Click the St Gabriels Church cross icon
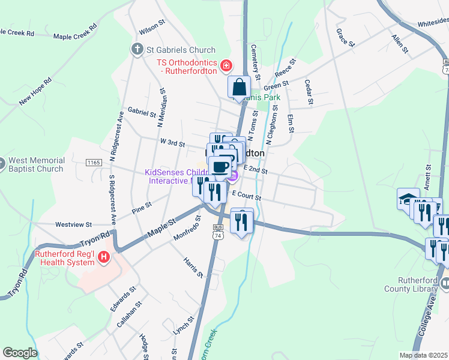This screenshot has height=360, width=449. (x=136, y=49)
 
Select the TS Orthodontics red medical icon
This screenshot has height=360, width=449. (x=227, y=65)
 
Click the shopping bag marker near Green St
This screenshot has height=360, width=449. (x=239, y=87)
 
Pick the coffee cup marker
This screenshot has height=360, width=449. (x=221, y=166)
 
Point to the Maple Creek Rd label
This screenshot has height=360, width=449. (x=75, y=32)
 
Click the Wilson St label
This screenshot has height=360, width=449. (x=152, y=28)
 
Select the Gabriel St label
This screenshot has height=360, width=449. (x=142, y=112)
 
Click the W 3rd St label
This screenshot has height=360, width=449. (x=172, y=142)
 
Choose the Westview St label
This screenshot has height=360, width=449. (x=73, y=224)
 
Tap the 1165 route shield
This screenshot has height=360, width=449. (x=93, y=163)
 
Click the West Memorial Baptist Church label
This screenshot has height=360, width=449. (x=36, y=165)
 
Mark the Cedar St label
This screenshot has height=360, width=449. (x=309, y=91)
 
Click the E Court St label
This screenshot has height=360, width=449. (x=247, y=196)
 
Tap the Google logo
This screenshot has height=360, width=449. (x=20, y=353)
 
